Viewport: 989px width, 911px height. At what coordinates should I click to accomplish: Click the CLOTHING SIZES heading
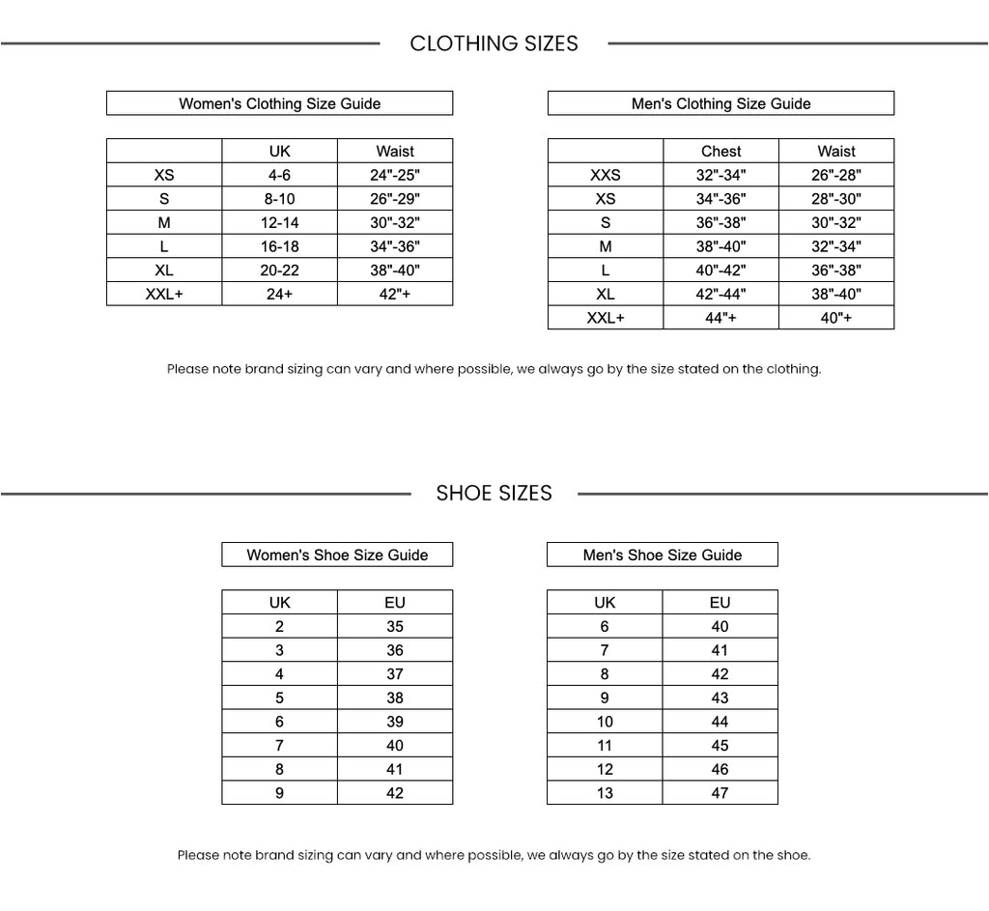tap(494, 43)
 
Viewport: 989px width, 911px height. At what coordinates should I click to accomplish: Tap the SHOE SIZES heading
tap(494, 494)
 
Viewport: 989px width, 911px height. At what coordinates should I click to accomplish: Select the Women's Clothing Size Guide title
tap(279, 103)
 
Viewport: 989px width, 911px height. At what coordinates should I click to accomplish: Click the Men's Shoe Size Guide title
tap(662, 555)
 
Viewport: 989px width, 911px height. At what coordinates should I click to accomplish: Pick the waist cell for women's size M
tap(395, 222)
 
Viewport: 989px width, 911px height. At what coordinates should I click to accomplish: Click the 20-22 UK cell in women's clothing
tap(279, 270)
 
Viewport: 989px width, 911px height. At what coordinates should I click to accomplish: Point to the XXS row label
tap(606, 175)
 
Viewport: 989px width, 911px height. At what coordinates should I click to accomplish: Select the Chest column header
tap(721, 151)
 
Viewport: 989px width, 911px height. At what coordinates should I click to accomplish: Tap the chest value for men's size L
tap(721, 270)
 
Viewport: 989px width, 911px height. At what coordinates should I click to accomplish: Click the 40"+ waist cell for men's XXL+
tap(836, 318)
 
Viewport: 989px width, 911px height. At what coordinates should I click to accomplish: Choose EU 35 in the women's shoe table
tap(394, 626)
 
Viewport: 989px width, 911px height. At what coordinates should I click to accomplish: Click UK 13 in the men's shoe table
tap(605, 793)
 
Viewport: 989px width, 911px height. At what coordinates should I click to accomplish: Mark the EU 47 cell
tap(720, 793)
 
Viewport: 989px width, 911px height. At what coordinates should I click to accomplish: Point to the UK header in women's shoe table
tap(279, 602)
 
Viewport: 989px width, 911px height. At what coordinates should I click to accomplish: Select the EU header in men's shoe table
tap(720, 602)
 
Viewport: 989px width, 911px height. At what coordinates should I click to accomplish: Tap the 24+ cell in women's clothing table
tap(279, 295)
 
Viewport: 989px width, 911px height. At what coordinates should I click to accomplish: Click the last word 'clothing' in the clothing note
tap(795, 369)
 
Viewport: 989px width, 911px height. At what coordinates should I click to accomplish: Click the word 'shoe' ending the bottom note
tap(793, 855)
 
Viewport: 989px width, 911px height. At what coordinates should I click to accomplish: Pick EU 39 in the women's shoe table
tap(394, 722)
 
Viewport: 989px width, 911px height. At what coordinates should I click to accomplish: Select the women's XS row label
tap(164, 175)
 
